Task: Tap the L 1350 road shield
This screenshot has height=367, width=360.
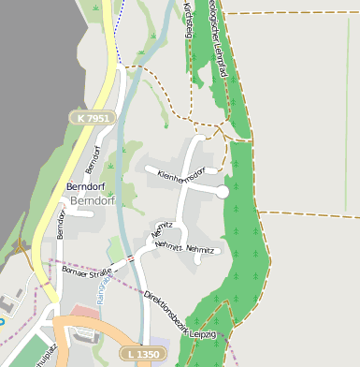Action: click(141, 354)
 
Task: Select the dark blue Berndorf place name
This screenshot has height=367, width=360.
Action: click(90, 187)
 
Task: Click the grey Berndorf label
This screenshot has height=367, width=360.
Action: click(93, 200)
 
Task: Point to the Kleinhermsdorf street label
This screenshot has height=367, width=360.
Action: click(180, 174)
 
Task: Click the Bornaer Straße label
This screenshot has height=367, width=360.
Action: click(85, 272)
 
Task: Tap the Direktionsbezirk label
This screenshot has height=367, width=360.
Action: click(165, 310)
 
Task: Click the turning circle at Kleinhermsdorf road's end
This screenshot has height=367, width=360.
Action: click(223, 191)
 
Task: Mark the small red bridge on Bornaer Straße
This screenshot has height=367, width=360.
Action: click(131, 258)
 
